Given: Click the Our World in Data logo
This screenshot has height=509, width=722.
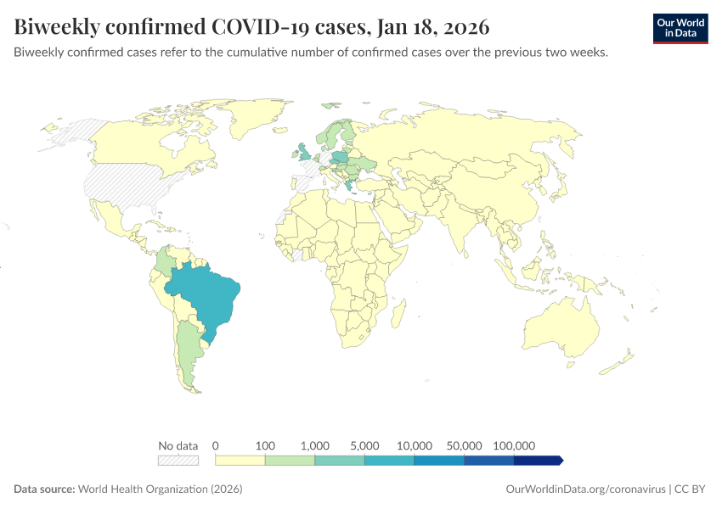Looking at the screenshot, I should click(680, 28).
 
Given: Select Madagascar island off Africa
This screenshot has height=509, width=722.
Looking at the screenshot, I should click(397, 316).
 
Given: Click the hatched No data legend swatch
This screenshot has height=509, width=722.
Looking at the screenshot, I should click(178, 461).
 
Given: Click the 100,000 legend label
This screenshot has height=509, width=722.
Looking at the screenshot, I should click(513, 445).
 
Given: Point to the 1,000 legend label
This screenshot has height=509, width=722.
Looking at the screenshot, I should click(315, 445).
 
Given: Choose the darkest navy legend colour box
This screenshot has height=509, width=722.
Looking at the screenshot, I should click(537, 461).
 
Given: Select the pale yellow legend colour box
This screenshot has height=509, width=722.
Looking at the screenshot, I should click(240, 461).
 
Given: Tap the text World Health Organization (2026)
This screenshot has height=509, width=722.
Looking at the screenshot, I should click(160, 489).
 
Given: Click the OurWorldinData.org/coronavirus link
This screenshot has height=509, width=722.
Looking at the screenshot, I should click(585, 489).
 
